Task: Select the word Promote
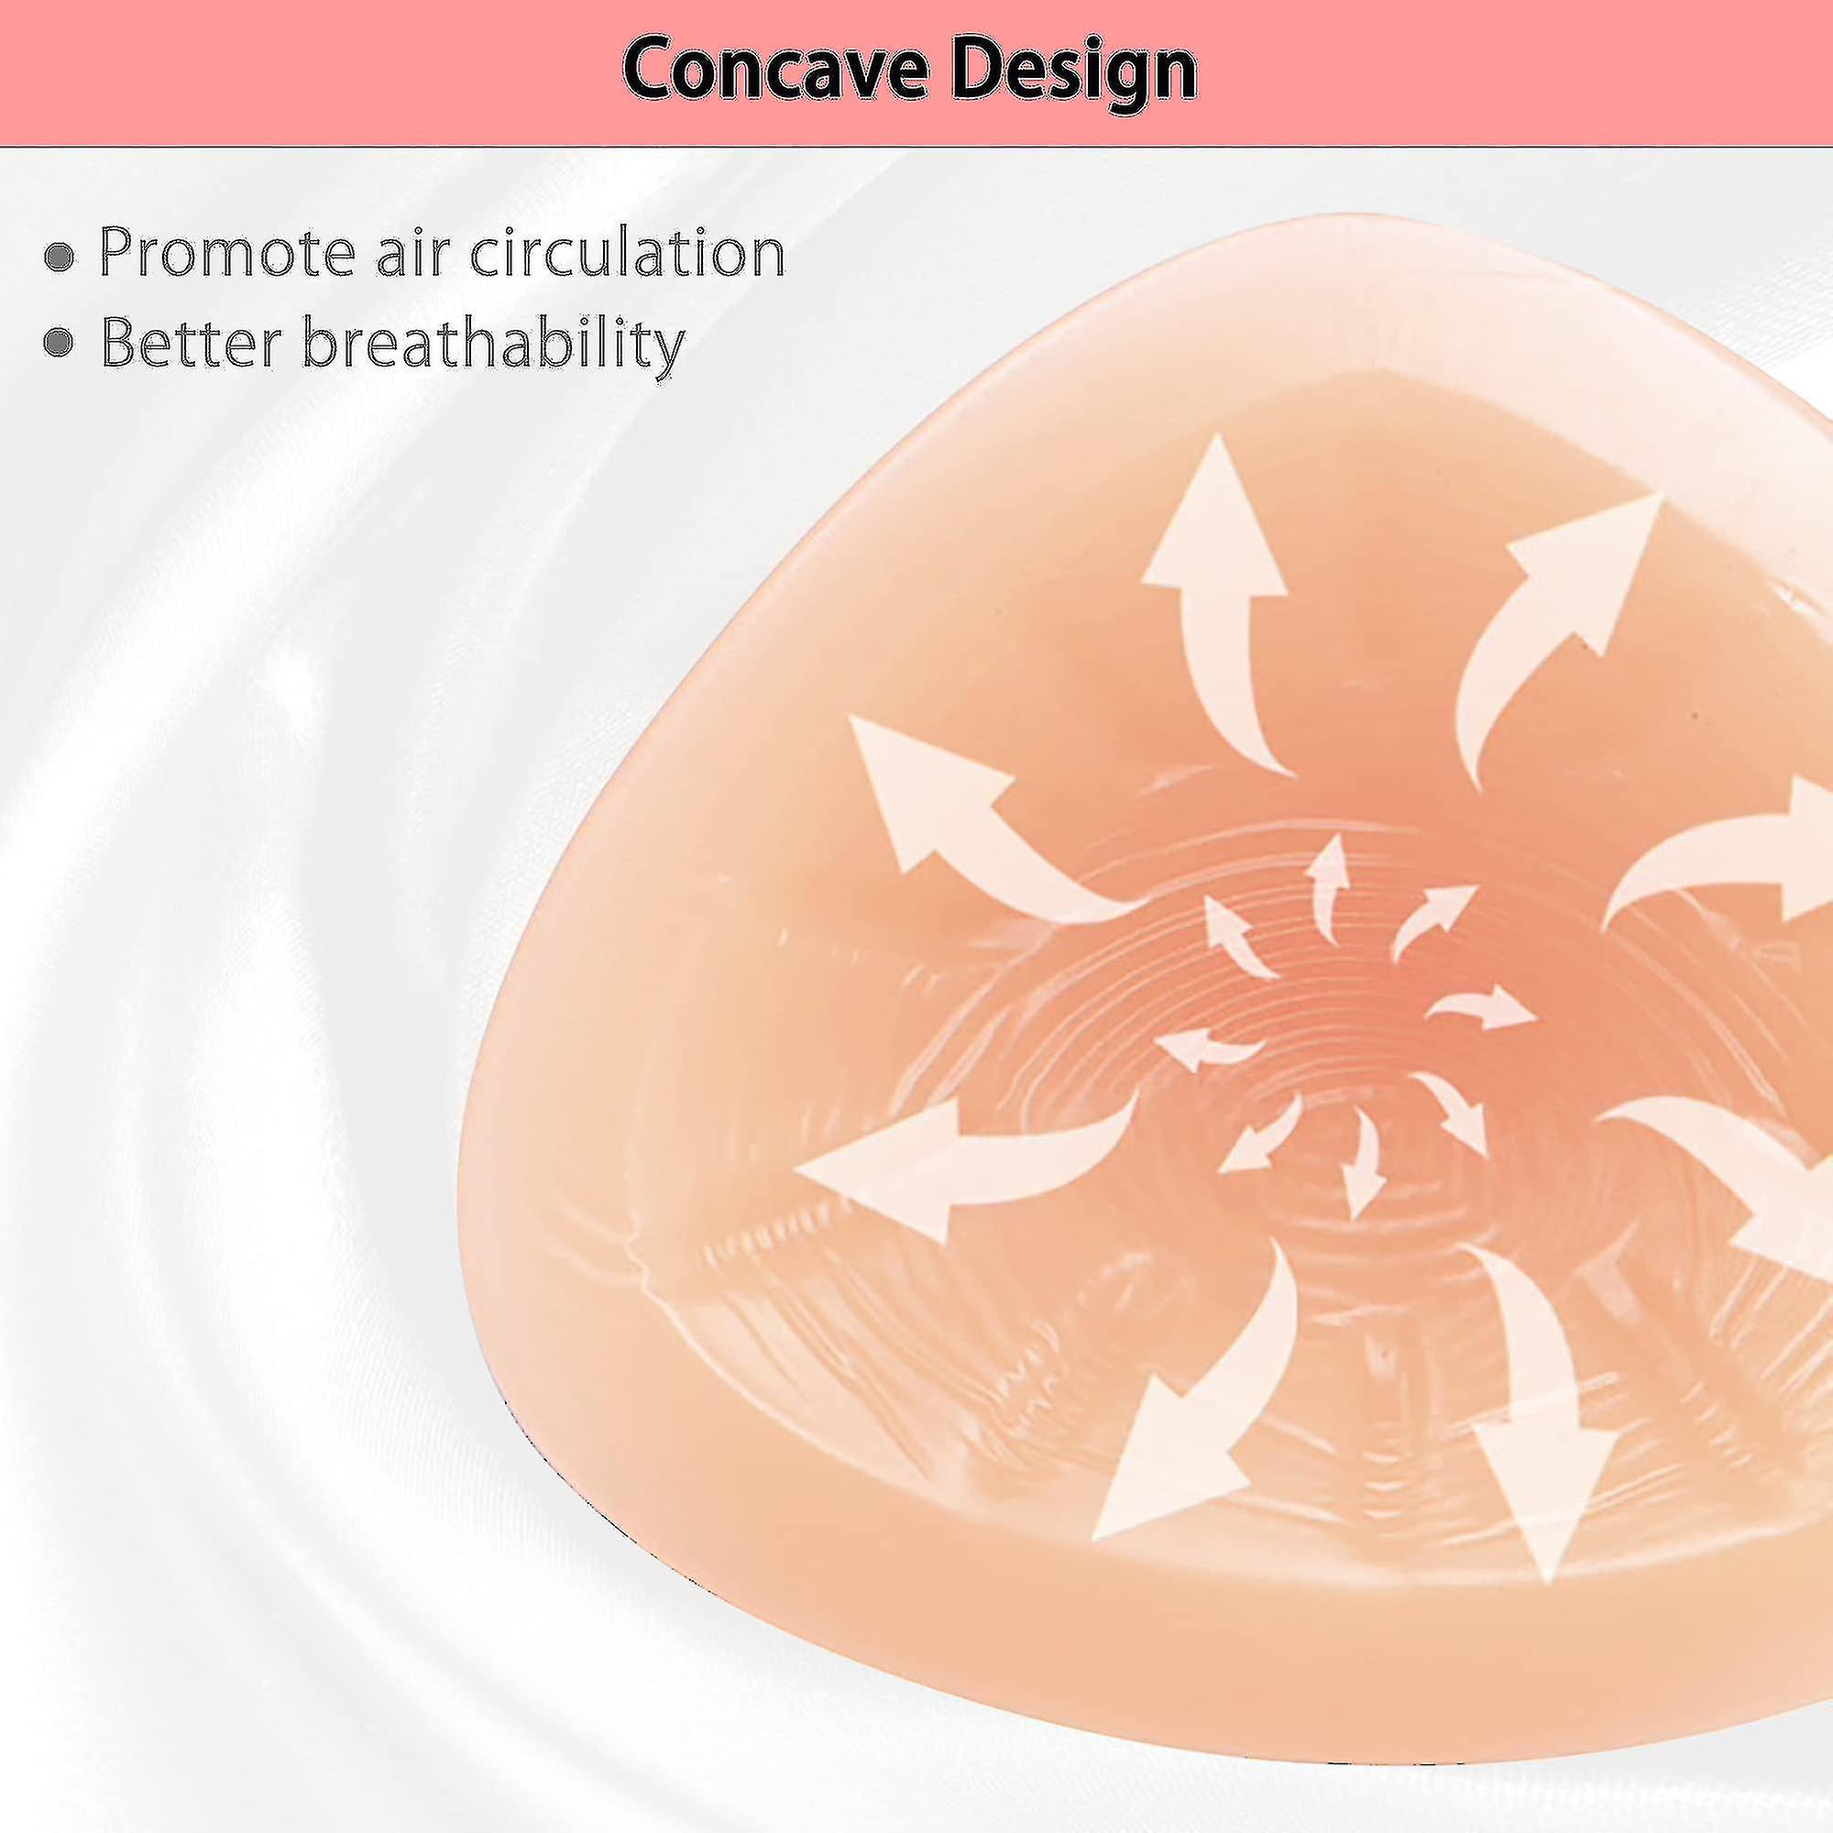tap(227, 252)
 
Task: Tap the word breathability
tap(492, 344)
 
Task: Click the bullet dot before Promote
tap(60, 257)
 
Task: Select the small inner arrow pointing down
tap(1364, 1162)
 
